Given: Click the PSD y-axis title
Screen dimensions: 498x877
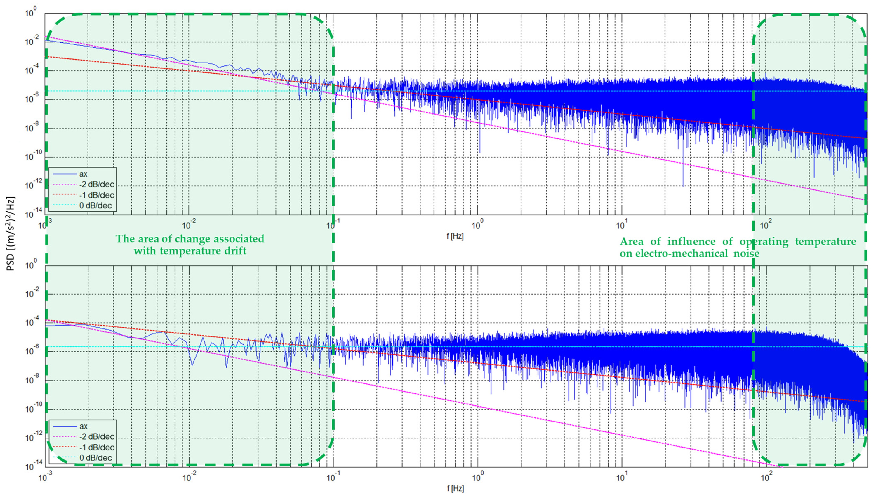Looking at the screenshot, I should click(x=11, y=233).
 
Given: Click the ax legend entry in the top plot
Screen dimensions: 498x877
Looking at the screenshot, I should click(x=83, y=174).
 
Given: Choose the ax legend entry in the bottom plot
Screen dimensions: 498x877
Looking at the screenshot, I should click(x=83, y=426).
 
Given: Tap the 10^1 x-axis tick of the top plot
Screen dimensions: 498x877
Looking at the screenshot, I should click(x=621, y=225).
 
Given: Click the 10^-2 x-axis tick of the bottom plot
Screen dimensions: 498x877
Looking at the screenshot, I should click(x=187, y=477).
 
